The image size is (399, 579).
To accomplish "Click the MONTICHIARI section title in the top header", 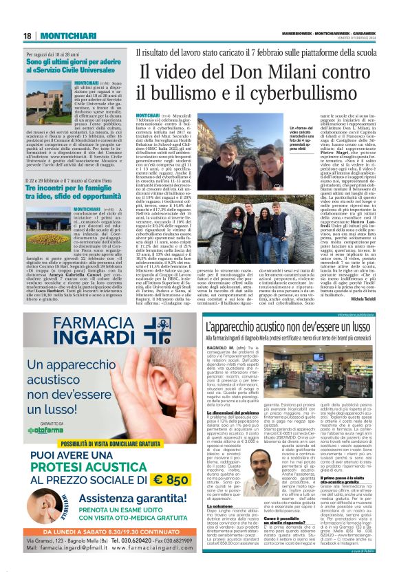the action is click(x=60, y=36).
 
